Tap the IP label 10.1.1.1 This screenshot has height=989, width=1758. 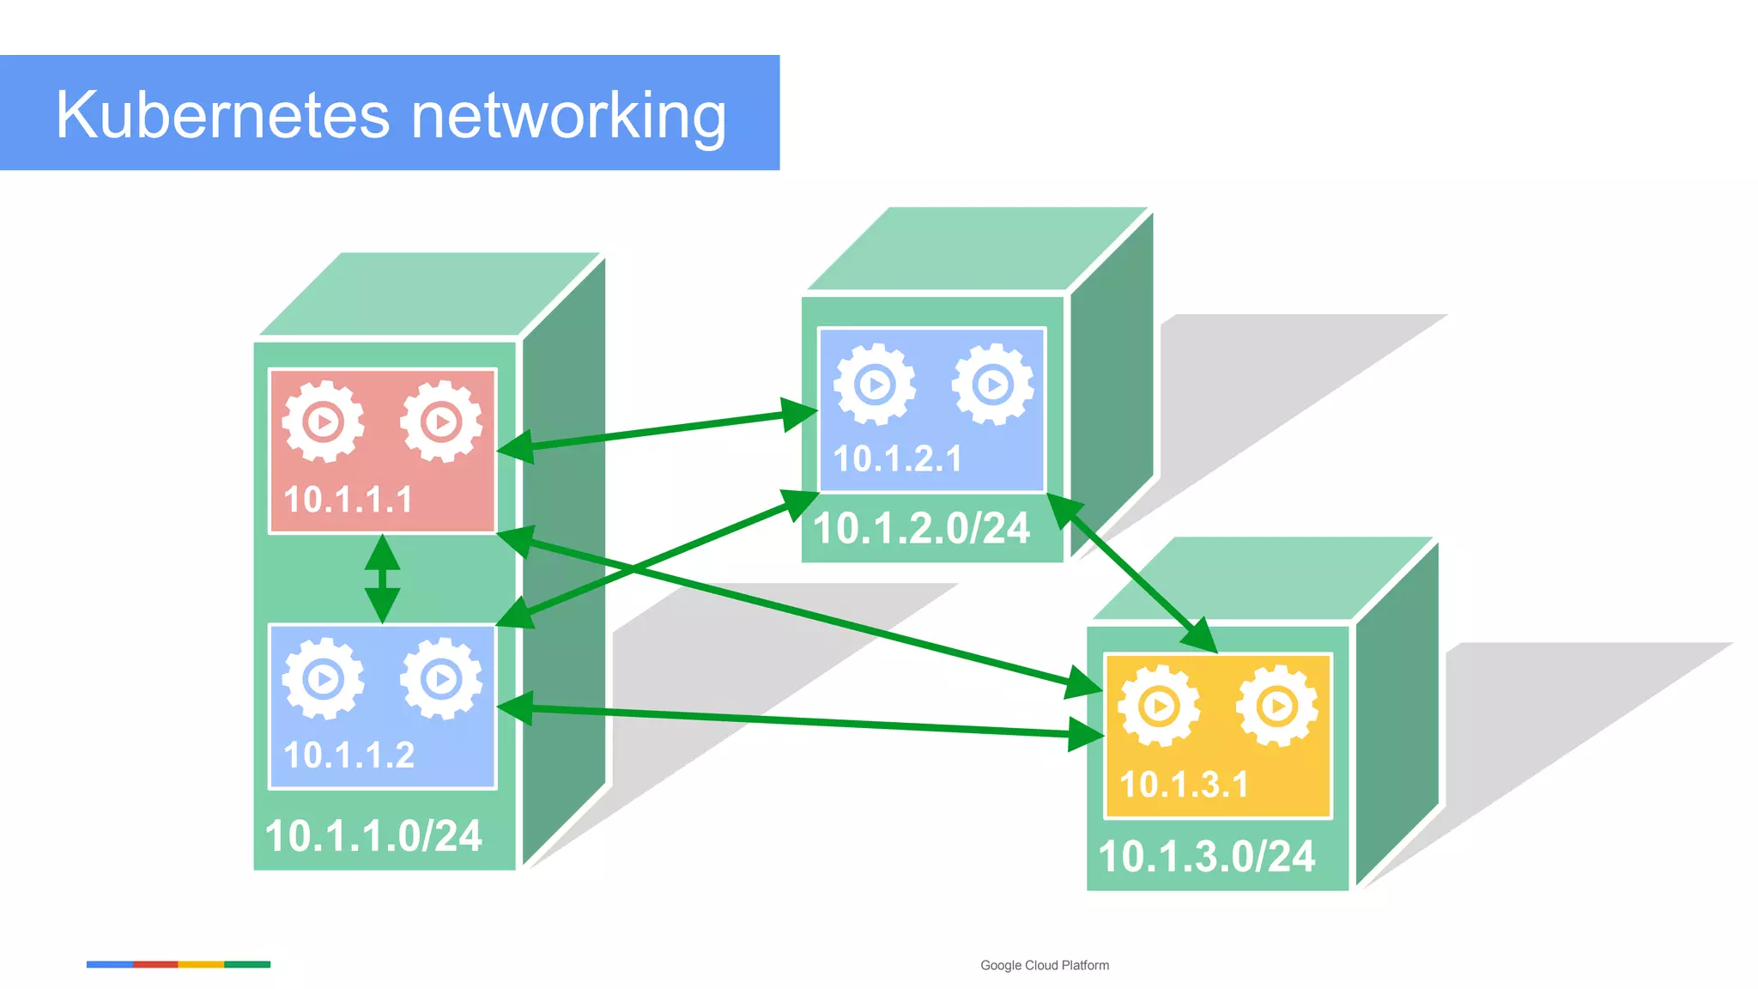pyautogui.click(x=349, y=500)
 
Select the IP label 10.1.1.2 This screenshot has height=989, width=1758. pyautogui.click(x=349, y=755)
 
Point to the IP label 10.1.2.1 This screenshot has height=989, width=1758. pyautogui.click(x=897, y=458)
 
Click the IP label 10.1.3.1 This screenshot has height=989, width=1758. pyautogui.click(x=1184, y=785)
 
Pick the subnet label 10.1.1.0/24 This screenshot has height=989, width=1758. pyautogui.click(x=373, y=836)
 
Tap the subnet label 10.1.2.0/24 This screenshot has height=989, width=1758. pyautogui.click(x=920, y=528)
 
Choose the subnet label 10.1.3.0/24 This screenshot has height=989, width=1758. pyautogui.click(x=1206, y=857)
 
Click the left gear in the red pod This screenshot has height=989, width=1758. pyautogui.click(x=324, y=422)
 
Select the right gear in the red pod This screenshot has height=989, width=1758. pyautogui.click(x=441, y=422)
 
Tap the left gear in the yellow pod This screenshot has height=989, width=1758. pyautogui.click(x=1159, y=706)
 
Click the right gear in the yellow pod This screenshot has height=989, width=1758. pyautogui.click(x=1277, y=706)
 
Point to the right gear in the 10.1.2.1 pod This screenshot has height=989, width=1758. pyautogui.click(x=993, y=384)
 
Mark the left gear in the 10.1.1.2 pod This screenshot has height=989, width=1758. pyautogui.click(x=324, y=679)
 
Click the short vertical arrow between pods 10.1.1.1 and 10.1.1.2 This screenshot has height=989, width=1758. pyautogui.click(x=382, y=579)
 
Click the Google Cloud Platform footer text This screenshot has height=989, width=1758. pyautogui.click(x=1044, y=965)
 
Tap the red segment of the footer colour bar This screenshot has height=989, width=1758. pyautogui.click(x=155, y=964)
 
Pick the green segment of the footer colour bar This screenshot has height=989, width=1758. pyautogui.click(x=247, y=964)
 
